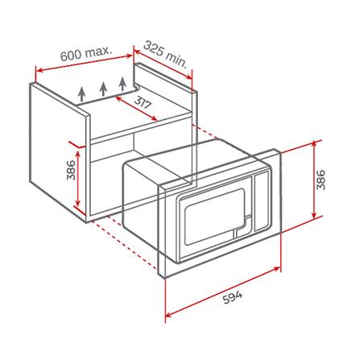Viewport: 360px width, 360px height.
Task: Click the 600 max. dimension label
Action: click(x=86, y=52)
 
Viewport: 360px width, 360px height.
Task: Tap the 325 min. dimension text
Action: click(x=165, y=55)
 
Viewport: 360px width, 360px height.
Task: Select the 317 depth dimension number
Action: click(x=142, y=102)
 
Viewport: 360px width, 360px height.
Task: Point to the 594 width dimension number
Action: click(x=233, y=297)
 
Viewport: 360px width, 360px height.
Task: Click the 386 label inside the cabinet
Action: click(x=72, y=170)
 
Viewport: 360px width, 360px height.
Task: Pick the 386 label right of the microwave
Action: click(x=321, y=180)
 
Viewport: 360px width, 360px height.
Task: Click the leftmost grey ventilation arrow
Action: click(x=82, y=94)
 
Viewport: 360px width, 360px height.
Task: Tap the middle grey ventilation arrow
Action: click(x=103, y=89)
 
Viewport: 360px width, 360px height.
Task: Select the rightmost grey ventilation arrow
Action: click(x=122, y=84)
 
